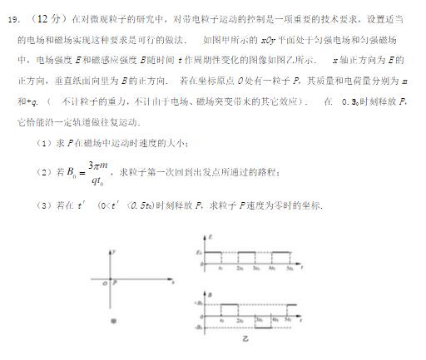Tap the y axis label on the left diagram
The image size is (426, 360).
(115, 250)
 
